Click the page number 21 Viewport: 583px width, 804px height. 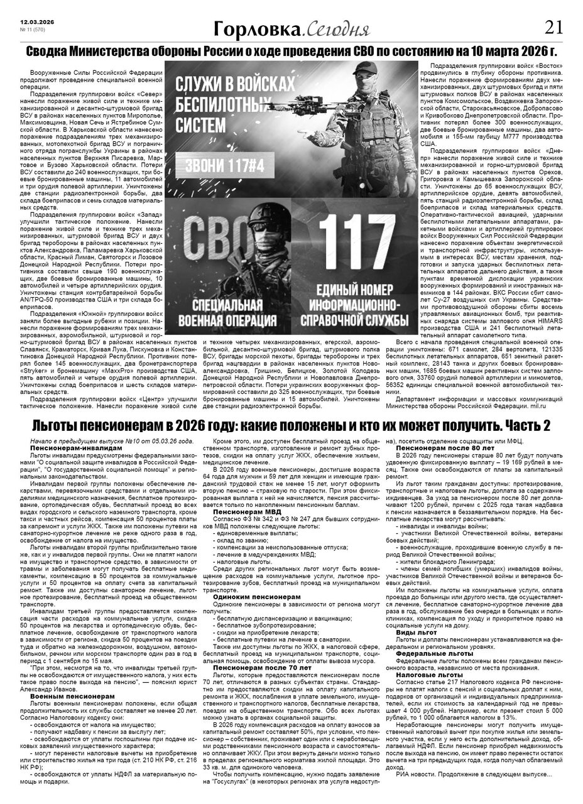pyautogui.click(x=553, y=27)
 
